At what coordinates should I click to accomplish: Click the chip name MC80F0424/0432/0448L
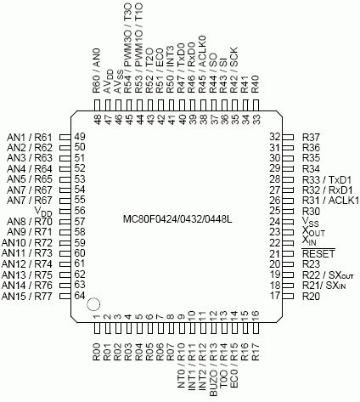point(177,219)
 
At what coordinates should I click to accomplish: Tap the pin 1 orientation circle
point(93,304)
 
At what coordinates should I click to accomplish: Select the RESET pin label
point(318,253)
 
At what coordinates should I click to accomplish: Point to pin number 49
point(80,137)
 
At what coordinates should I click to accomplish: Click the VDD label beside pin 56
point(43,212)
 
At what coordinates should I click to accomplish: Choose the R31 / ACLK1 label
point(330,201)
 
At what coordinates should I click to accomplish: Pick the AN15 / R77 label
point(27,297)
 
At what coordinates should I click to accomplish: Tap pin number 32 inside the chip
point(275,137)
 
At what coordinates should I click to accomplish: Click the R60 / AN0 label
point(97,71)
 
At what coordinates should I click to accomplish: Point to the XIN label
point(309,241)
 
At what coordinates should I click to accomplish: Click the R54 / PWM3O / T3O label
point(128,48)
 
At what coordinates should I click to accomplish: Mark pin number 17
point(275,296)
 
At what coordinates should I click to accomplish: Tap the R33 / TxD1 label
point(327,179)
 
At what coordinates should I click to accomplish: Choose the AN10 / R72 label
point(27,243)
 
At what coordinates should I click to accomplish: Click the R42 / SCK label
point(234,70)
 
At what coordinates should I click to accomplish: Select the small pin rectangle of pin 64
point(65,297)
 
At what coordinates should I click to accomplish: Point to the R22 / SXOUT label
point(328,275)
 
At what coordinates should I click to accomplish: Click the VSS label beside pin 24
point(311,222)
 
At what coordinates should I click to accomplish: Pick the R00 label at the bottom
point(97,352)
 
